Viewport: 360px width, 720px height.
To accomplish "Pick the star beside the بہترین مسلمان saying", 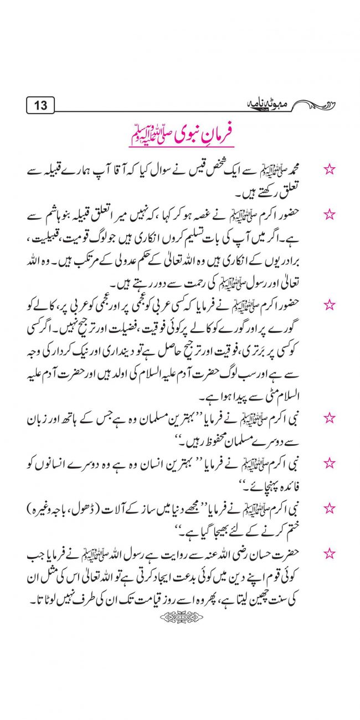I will [x=330, y=417].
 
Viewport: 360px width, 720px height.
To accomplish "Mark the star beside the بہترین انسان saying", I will [x=330, y=462].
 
